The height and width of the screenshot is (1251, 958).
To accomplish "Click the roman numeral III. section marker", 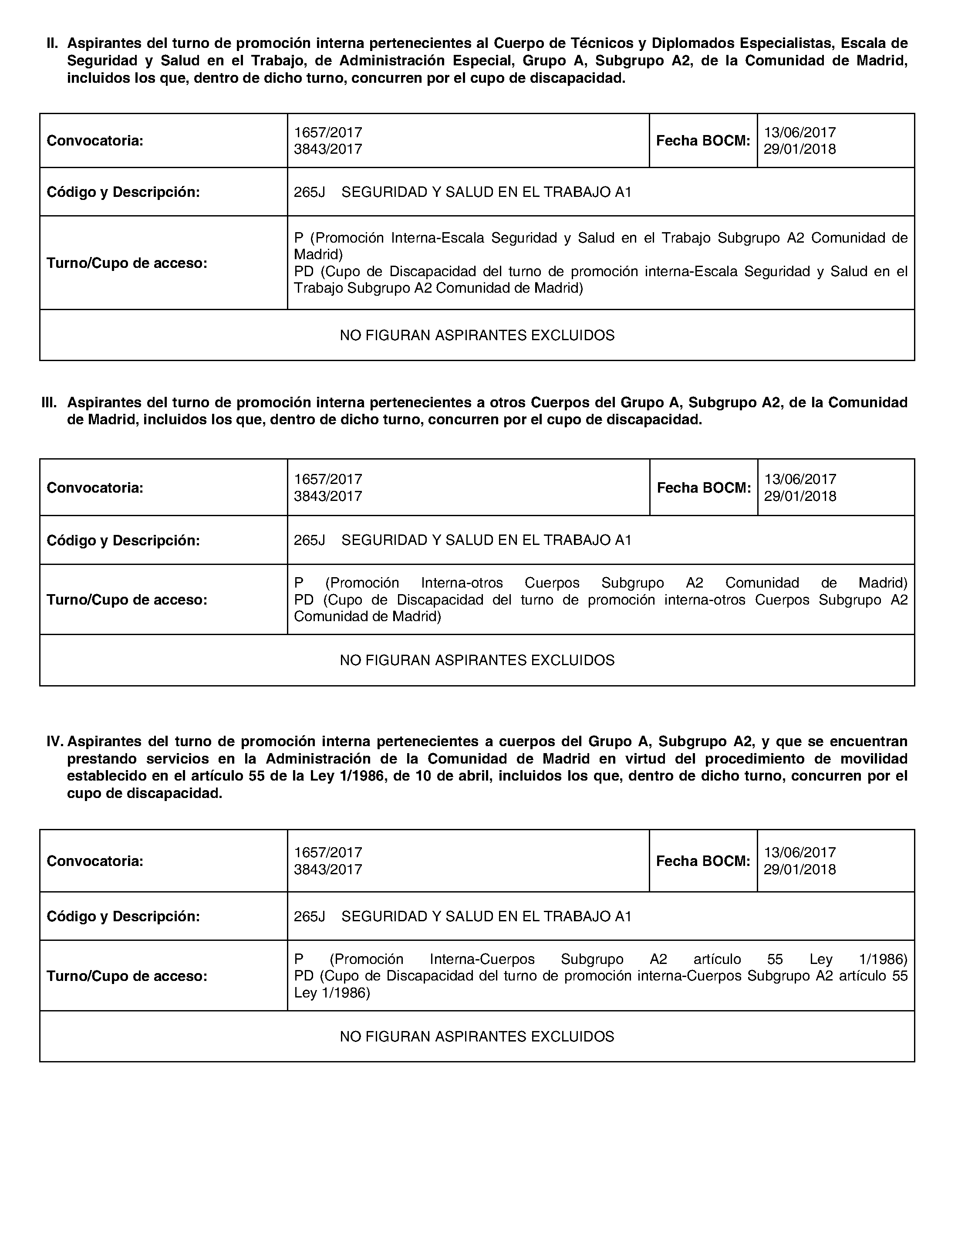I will tap(50, 403).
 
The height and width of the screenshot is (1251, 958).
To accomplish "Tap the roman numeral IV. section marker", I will tap(55, 742).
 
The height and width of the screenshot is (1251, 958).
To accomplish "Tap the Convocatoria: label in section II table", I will tap(94, 141).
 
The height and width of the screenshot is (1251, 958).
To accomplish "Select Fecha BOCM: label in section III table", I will tap(704, 488).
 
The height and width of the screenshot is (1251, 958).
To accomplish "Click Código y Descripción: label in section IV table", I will tap(123, 916).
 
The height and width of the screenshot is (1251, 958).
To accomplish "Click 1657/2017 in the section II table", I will tap(328, 132).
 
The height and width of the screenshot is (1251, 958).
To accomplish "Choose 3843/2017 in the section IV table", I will tap(328, 869).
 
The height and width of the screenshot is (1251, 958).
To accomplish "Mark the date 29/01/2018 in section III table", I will tap(800, 496).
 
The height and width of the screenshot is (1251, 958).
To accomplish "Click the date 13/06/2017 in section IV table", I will tap(800, 852).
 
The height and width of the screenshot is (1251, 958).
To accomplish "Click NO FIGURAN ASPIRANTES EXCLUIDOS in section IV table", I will tap(477, 1037).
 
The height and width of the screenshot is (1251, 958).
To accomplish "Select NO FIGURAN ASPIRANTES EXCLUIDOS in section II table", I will tap(477, 335).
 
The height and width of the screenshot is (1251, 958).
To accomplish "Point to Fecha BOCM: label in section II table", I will tap(703, 141).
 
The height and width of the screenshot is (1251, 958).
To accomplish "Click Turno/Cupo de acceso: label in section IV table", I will tap(127, 976).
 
